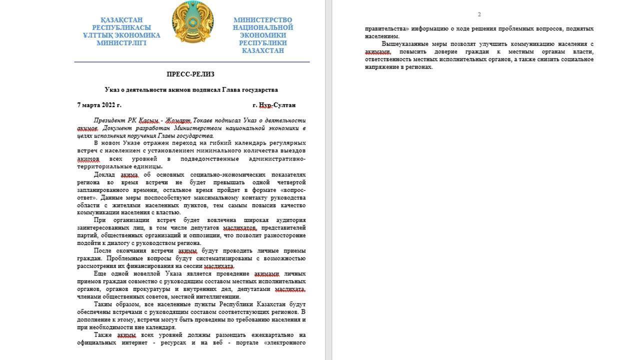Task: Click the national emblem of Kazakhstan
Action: click(x=192, y=22)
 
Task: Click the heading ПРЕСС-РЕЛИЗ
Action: click(x=190, y=74)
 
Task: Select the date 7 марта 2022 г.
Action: click(x=99, y=105)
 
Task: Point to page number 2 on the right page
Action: click(x=479, y=14)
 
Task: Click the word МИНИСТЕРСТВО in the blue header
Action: click(x=262, y=20)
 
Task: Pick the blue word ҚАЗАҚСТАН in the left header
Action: click(x=121, y=20)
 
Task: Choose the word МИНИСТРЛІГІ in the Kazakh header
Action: click(x=121, y=43)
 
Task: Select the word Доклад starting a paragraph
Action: click(x=104, y=175)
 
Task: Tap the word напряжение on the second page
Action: click(x=381, y=67)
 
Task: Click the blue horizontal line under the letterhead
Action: click(x=192, y=62)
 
